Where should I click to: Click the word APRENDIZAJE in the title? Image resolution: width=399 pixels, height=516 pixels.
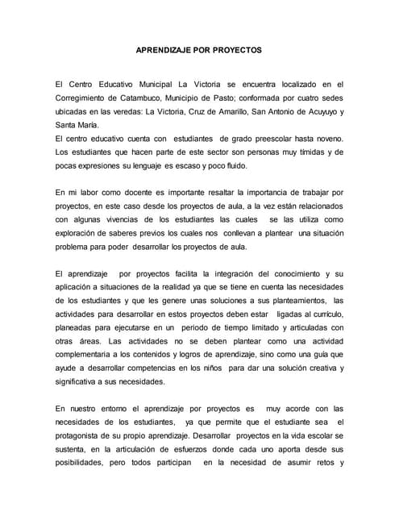coord(165,49)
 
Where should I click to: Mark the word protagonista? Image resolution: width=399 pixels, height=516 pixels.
coord(83,436)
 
